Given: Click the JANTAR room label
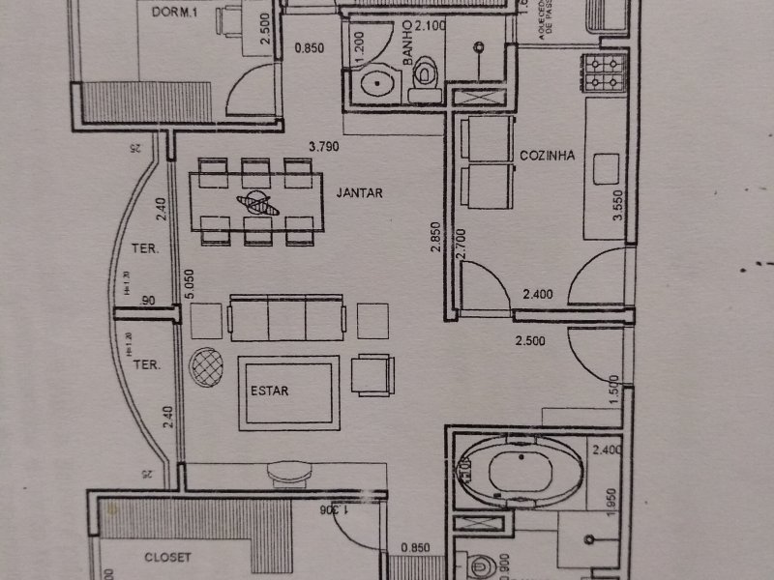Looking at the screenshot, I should pos(360,193).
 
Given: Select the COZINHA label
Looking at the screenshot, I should pos(548,155).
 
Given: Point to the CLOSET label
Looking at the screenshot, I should pos(169,558).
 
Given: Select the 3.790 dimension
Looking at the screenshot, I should pos(325,147).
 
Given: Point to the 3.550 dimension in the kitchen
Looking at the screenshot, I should pos(617,205).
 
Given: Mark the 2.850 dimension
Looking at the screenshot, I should pos(438,238).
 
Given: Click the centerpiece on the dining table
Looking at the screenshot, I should pos(257,203).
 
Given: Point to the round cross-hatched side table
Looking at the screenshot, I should pos(204,366).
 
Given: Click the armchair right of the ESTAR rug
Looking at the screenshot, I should pos(372,374).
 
